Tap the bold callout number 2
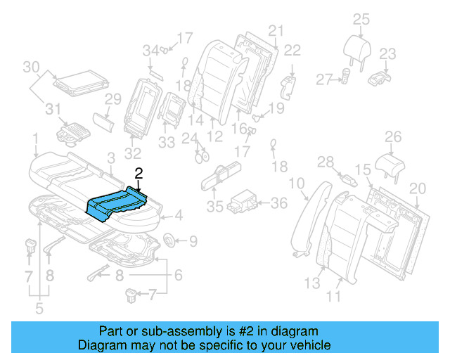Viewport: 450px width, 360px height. (x=139, y=173)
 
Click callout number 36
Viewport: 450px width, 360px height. (x=279, y=204)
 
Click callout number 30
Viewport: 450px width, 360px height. (x=30, y=67)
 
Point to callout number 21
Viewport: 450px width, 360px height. (x=275, y=30)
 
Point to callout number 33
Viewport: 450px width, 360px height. (x=167, y=143)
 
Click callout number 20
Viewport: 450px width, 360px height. (x=418, y=188)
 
